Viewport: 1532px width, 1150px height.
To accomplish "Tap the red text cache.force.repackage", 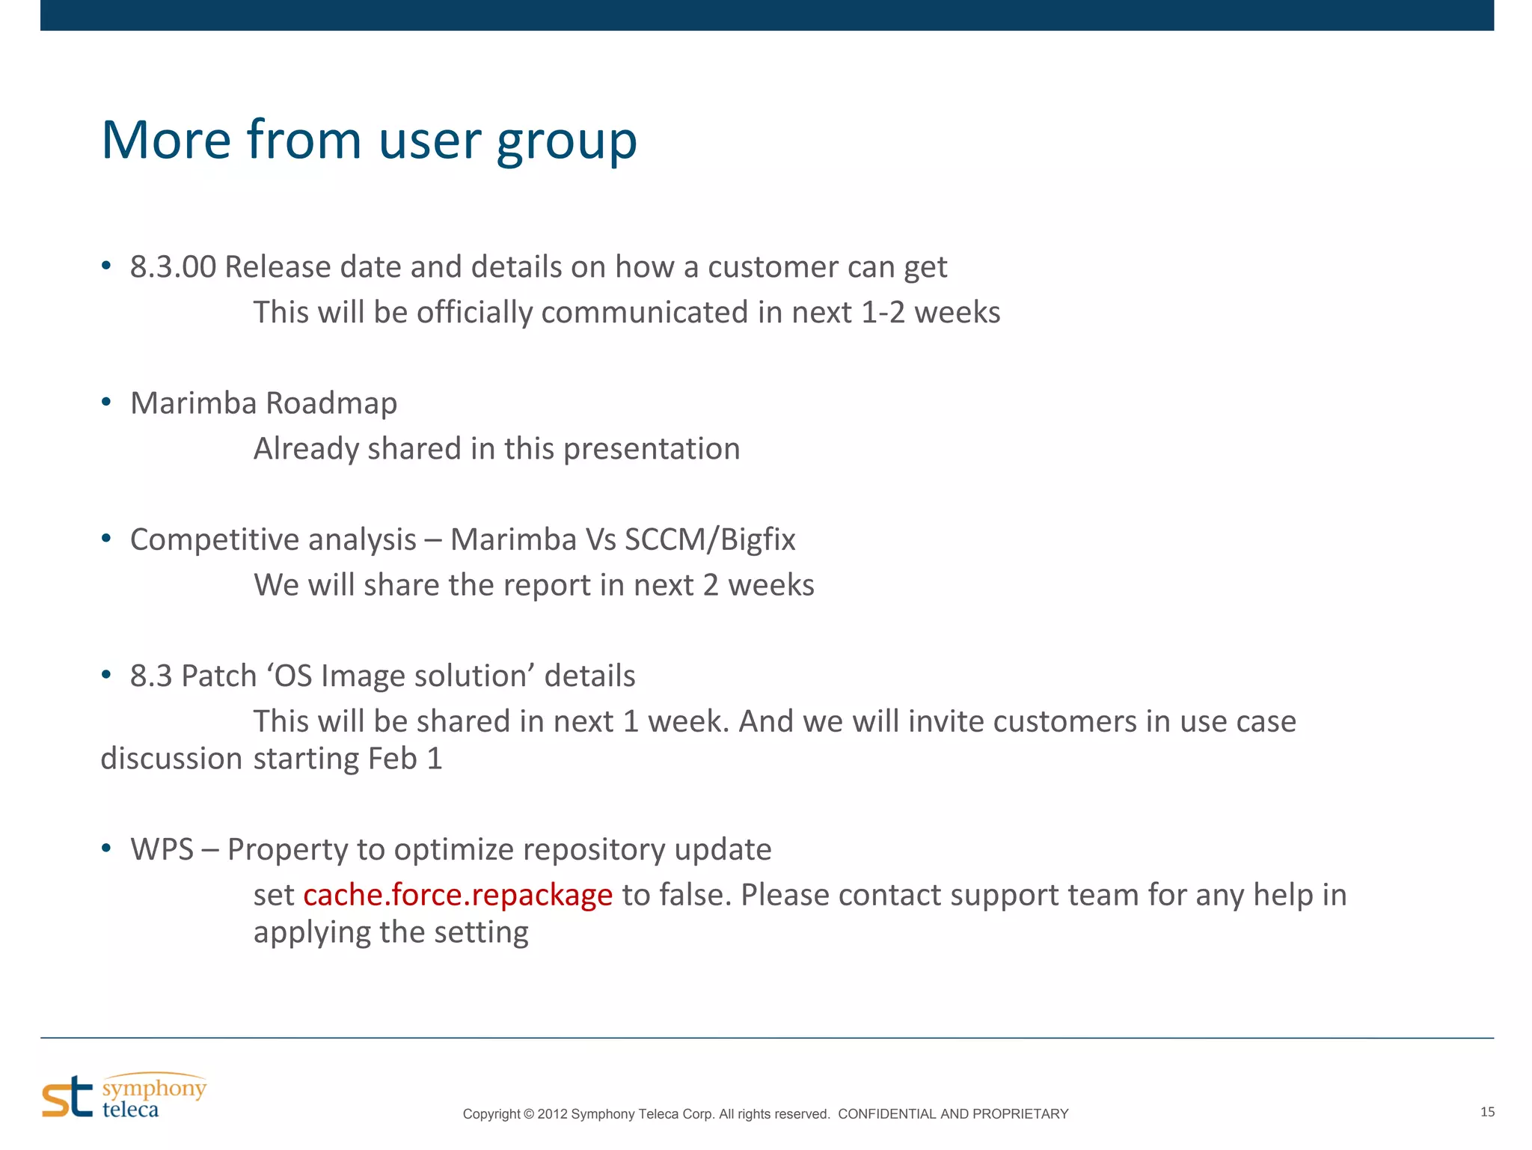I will point(458,896).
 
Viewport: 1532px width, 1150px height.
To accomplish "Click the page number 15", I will point(1487,1112).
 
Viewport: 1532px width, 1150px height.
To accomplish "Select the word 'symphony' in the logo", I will point(154,1088).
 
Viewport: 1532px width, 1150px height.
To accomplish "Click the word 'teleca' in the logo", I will point(130,1109).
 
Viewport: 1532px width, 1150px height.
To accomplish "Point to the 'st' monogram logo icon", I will point(67,1097).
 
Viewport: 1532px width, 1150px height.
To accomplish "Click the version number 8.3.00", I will point(173,267).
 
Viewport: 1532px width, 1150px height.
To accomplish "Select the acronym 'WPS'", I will point(162,850).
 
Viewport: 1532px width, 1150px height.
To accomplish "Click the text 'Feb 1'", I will point(405,759).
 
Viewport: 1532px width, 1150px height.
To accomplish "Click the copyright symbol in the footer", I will point(528,1114).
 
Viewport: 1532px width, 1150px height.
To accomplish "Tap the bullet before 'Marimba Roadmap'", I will point(106,403).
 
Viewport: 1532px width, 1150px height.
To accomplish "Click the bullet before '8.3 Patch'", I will point(106,675).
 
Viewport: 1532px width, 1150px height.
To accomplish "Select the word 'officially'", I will point(474,313).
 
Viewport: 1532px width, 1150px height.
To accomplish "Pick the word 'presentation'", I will point(651,449).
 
